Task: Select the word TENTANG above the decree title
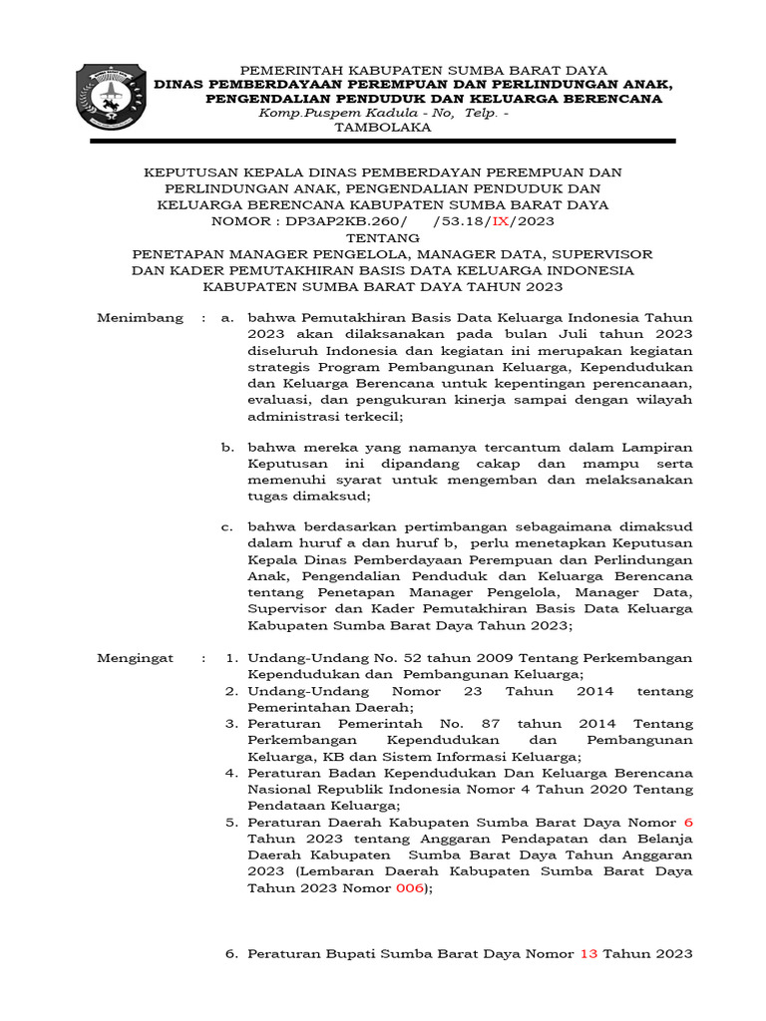(383, 237)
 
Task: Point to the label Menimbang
(140, 318)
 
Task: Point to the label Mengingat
(136, 659)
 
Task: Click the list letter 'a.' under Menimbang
(228, 318)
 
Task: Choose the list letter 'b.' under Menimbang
(228, 448)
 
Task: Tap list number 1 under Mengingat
(230, 659)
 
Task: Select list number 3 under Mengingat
(230, 724)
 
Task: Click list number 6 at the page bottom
(230, 954)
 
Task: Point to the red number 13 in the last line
(588, 954)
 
